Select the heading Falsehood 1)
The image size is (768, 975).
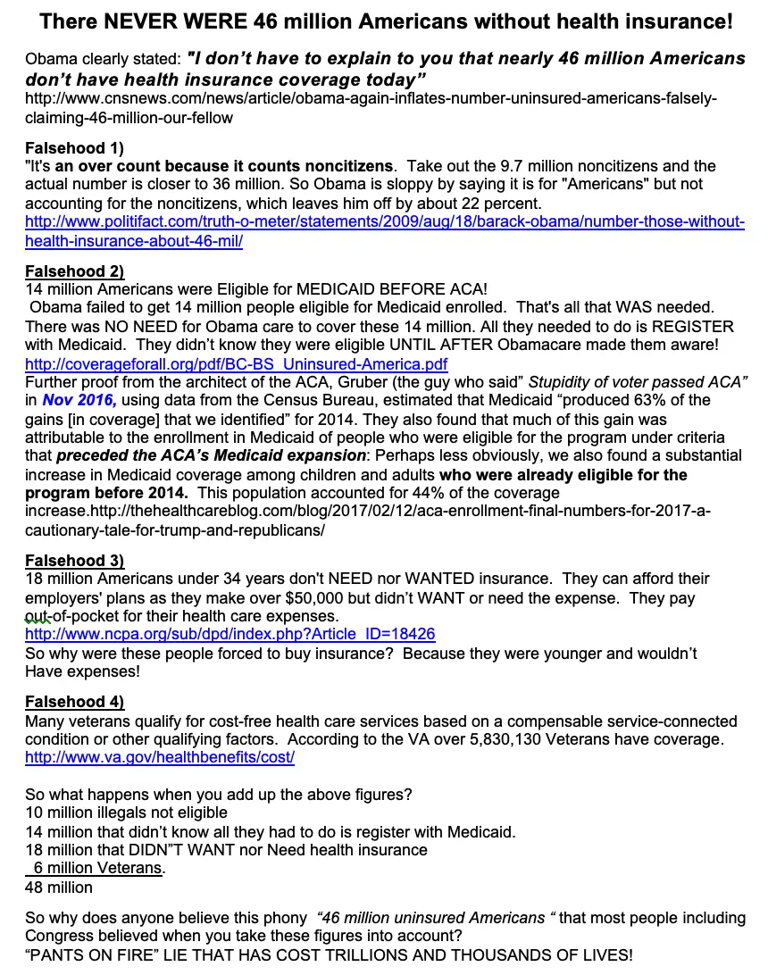pyautogui.click(x=74, y=147)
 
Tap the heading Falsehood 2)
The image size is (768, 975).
pyautogui.click(x=74, y=271)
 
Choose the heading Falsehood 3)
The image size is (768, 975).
pyautogui.click(x=74, y=561)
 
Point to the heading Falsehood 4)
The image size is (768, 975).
pyautogui.click(x=74, y=701)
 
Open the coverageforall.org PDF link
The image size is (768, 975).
pyautogui.click(x=236, y=363)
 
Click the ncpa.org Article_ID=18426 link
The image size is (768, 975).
pyautogui.click(x=230, y=634)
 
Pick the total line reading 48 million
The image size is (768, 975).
pyautogui.click(x=59, y=887)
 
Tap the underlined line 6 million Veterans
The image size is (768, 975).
pyautogui.click(x=98, y=868)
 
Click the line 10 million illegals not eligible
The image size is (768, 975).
pyautogui.click(x=126, y=812)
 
